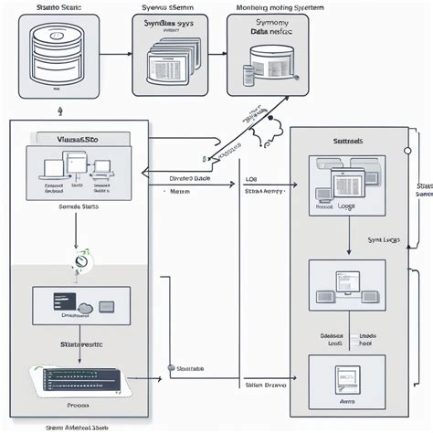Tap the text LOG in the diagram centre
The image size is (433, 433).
(x=251, y=180)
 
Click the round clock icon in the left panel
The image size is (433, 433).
(x=81, y=260)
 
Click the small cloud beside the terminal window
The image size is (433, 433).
(x=85, y=306)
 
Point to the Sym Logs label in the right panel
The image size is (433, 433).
(x=382, y=239)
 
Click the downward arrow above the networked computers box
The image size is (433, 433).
(x=348, y=242)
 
